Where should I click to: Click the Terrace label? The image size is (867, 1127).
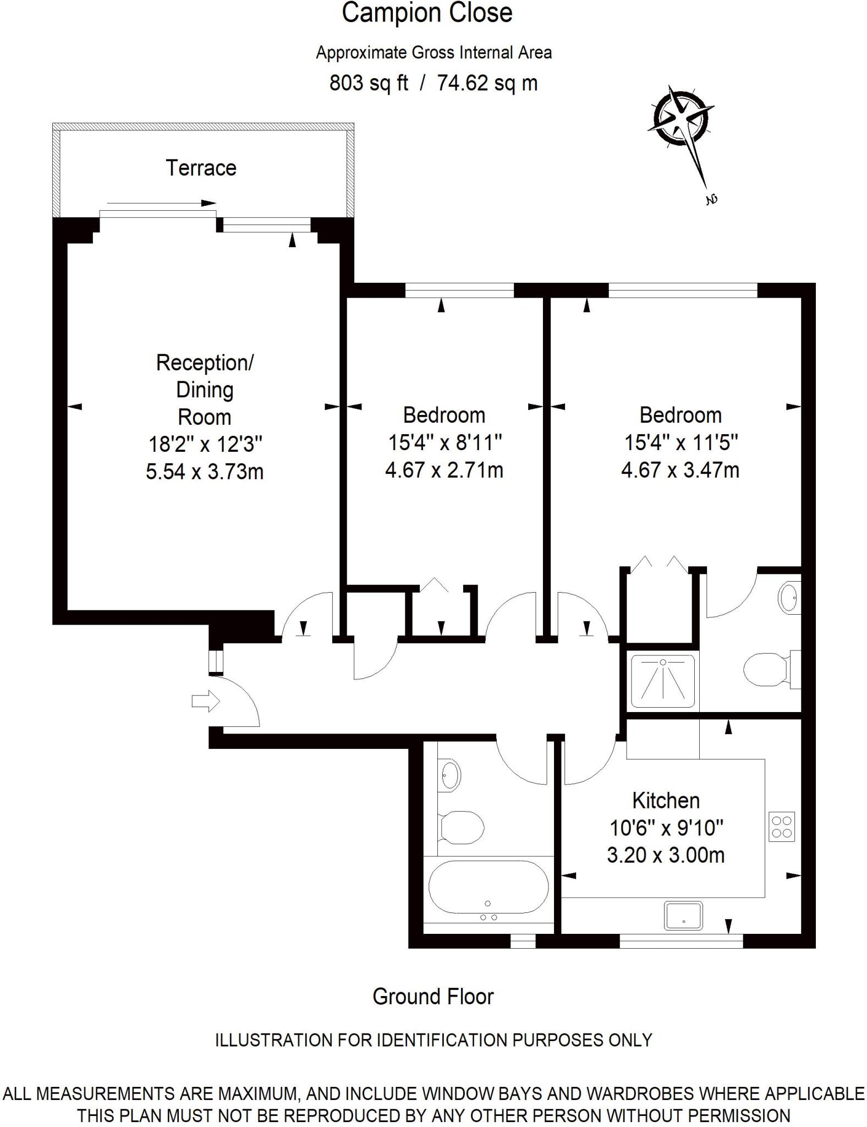[201, 168]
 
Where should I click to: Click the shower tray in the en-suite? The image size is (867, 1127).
[662, 681]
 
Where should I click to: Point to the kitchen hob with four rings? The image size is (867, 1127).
[782, 827]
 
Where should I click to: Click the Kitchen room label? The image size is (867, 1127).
[666, 800]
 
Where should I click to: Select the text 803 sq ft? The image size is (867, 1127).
[369, 83]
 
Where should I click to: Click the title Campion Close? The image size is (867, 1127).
[427, 13]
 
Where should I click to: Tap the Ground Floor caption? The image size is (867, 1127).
[433, 997]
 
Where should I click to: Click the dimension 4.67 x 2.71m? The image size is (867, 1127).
[444, 470]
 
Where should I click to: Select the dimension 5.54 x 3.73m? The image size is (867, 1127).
[205, 472]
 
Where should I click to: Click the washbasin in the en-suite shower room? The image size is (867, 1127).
[789, 597]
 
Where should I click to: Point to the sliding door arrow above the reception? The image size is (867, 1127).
[161, 203]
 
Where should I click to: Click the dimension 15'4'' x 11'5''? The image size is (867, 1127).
[681, 442]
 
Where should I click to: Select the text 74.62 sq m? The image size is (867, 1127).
[487, 83]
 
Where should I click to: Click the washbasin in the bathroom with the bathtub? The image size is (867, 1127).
[451, 774]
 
